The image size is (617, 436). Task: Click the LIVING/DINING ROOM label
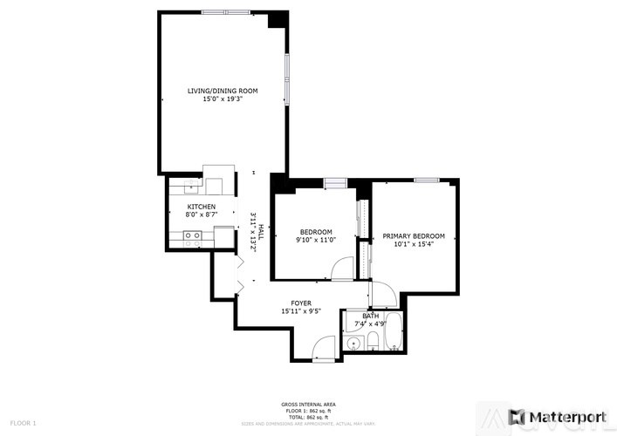click(222, 91)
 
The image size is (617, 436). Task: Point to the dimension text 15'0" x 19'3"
click(222, 99)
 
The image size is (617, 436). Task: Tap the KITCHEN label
click(201, 207)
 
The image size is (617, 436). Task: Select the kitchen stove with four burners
click(193, 235)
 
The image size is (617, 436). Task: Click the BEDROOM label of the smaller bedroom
click(314, 231)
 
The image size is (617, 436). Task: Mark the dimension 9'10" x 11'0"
click(314, 240)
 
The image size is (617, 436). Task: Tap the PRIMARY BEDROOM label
click(414, 236)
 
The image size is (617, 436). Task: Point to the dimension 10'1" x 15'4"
click(414, 245)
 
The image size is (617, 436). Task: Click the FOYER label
click(301, 303)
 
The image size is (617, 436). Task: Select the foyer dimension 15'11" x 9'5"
click(301, 312)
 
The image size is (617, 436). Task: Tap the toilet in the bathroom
click(373, 341)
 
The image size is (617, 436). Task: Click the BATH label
click(371, 317)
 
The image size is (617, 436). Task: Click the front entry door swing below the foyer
click(325, 348)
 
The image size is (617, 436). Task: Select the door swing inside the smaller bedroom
click(343, 269)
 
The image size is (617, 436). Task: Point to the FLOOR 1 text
click(23, 423)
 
